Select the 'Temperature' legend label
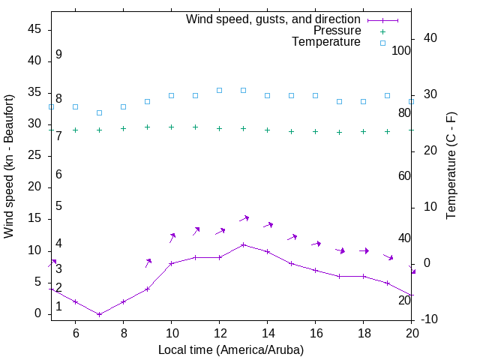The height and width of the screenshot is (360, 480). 326,42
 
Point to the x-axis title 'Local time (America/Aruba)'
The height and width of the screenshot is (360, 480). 231,349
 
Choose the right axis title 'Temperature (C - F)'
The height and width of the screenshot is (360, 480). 451,166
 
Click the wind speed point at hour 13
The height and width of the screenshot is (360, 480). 243,244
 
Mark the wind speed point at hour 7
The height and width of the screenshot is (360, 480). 99,314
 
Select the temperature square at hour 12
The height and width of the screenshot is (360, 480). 219,90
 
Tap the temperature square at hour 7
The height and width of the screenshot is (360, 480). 99,112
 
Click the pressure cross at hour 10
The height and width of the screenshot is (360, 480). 171,127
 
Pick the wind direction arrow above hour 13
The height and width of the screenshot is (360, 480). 244,218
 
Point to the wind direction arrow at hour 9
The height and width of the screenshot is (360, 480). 148,262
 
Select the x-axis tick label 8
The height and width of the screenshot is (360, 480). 123,332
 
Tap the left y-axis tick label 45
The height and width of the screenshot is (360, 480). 34,29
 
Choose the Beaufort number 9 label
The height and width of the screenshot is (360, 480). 58,55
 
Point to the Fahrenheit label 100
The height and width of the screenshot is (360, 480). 401,50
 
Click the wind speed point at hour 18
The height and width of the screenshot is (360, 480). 363,276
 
